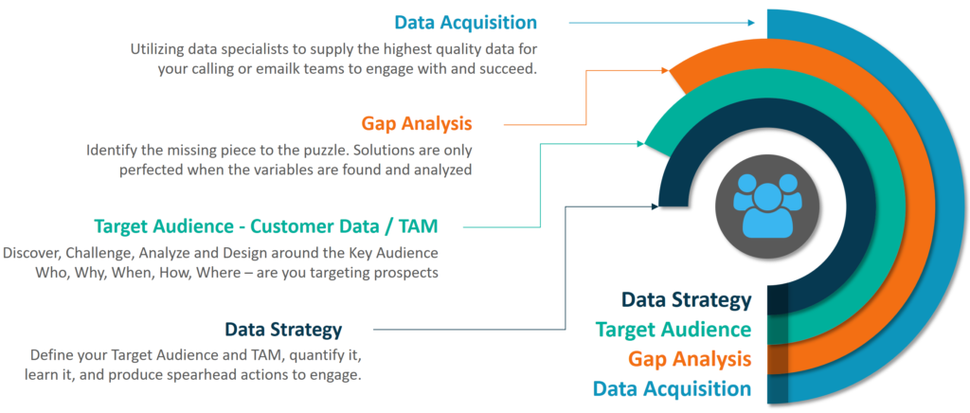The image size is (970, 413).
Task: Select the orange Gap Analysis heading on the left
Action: coord(417,123)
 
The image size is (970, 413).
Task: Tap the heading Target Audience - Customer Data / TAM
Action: coord(266,226)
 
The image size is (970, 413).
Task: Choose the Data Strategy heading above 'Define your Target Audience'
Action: coord(283,330)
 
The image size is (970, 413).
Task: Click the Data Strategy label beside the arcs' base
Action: coord(686,300)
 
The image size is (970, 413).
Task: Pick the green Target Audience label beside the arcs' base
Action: coord(674,330)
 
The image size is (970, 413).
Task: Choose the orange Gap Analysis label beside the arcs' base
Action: coord(690,359)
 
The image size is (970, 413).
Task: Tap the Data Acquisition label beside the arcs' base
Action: coord(672,388)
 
